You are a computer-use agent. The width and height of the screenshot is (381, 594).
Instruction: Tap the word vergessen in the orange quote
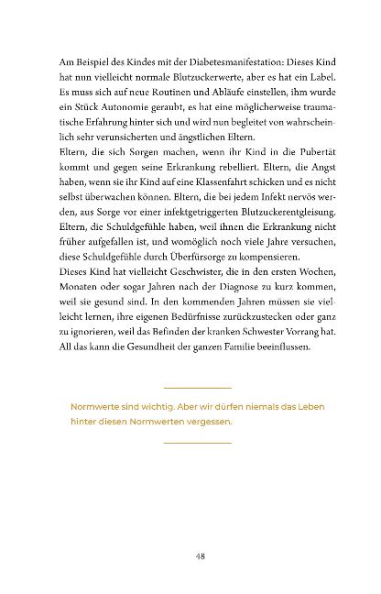[207, 422]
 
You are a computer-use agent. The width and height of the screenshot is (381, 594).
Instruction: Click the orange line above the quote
[197, 389]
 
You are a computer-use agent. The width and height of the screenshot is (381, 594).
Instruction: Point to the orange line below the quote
[197, 443]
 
